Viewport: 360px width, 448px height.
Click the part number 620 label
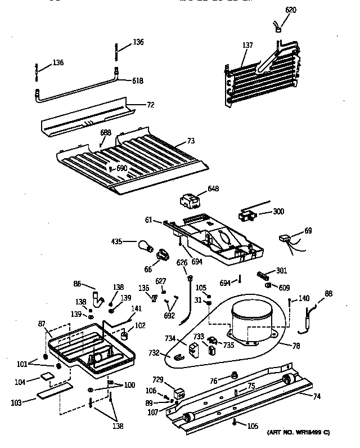[x=290, y=10]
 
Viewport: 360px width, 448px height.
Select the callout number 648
[x=213, y=189]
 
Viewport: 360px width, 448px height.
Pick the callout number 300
[x=278, y=212]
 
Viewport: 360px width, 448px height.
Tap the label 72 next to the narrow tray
[x=150, y=105]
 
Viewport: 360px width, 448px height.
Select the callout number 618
[x=137, y=81]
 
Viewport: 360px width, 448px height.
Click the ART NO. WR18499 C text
[x=298, y=432]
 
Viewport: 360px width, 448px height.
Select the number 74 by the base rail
[x=317, y=396]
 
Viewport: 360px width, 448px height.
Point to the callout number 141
[x=136, y=308]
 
